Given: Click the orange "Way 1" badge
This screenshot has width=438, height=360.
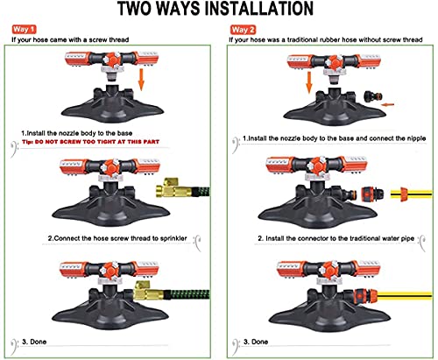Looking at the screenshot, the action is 24,29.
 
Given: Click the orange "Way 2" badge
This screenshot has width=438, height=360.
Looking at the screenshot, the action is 243,30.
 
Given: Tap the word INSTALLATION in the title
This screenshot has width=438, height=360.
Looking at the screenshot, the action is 258,9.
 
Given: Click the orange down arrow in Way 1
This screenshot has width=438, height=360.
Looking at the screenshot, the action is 141,80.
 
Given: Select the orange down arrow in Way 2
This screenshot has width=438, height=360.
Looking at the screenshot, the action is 309,83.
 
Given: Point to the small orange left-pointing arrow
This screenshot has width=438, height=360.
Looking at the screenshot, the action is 388,104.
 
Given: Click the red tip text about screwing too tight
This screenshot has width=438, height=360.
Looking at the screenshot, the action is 90,142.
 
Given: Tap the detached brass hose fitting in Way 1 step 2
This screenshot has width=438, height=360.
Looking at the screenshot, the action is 173,187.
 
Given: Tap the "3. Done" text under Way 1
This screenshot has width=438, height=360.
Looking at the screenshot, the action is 34,342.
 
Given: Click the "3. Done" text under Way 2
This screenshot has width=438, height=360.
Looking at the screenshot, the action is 256,342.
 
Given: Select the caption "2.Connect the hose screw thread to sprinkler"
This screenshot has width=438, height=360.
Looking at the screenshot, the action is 117,238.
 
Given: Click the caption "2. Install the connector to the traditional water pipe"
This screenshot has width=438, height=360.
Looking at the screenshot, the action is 336,238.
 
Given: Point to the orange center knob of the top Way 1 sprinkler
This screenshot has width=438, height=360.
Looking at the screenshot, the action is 112,60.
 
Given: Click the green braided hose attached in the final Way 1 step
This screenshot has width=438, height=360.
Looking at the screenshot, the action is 187,293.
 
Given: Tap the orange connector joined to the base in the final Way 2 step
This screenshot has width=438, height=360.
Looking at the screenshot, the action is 365,295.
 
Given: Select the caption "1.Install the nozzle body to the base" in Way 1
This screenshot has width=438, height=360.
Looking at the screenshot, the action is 77,133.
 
